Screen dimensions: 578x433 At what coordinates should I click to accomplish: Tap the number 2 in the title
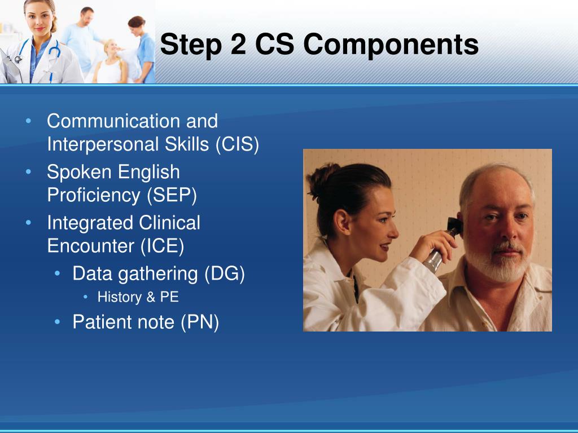click(x=238, y=44)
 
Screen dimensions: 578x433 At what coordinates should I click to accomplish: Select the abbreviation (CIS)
click(x=238, y=144)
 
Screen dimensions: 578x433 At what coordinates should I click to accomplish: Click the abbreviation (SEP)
click(x=172, y=195)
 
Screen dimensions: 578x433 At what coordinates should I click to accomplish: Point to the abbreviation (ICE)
click(x=162, y=246)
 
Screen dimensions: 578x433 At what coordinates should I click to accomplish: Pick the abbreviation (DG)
click(x=225, y=273)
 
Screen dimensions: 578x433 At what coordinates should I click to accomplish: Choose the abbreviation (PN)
click(x=200, y=322)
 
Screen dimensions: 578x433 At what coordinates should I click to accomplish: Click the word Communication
click(x=114, y=121)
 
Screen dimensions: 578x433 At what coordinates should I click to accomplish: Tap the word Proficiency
click(x=94, y=195)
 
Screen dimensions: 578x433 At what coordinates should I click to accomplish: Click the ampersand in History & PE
click(x=151, y=297)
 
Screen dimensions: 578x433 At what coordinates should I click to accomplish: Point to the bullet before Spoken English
click(x=28, y=171)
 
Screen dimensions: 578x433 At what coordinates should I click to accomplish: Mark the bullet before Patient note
click(x=57, y=322)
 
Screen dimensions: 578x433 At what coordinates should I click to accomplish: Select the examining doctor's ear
click(x=341, y=222)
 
